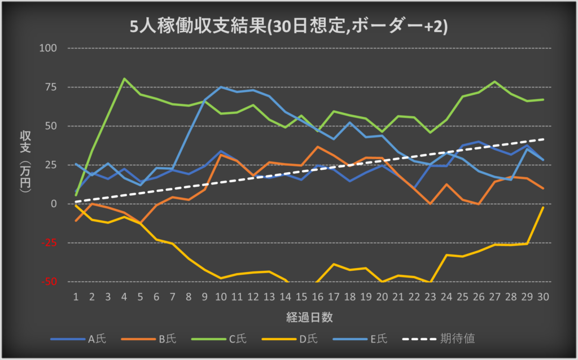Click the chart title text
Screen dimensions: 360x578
pyautogui.click(x=288, y=27)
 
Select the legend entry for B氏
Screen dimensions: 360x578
pyautogui.click(x=167, y=339)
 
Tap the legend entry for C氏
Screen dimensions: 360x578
pyautogui.click(x=238, y=339)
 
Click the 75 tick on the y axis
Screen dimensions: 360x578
pyautogui.click(x=52, y=87)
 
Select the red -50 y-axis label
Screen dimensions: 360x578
pyautogui.click(x=51, y=282)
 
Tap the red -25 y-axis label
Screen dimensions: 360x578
pyautogui.click(x=51, y=243)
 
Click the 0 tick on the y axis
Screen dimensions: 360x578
pyautogui.click(x=55, y=204)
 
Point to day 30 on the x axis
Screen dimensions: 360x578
pyautogui.click(x=543, y=296)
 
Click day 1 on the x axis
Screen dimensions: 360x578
pyautogui.click(x=76, y=296)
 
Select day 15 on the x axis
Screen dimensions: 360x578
pyautogui.click(x=301, y=296)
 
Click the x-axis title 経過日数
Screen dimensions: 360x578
pyautogui.click(x=309, y=317)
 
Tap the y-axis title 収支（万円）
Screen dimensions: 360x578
pyautogui.click(x=25, y=164)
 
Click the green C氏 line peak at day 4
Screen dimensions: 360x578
pyautogui.click(x=124, y=79)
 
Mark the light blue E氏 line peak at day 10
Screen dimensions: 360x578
pyautogui.click(x=221, y=87)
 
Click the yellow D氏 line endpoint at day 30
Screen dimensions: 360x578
pyautogui.click(x=543, y=208)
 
